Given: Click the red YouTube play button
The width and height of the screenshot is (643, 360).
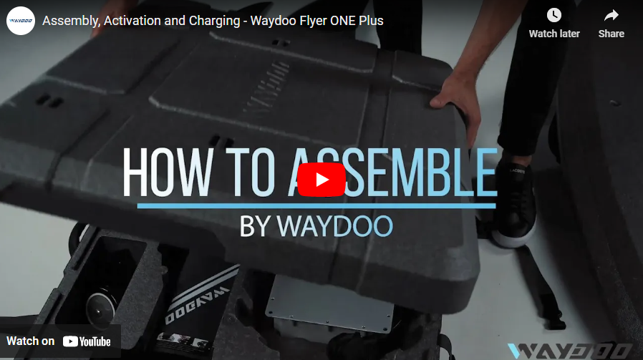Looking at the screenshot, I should tap(321, 180).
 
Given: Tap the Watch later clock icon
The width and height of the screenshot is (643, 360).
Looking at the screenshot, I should tap(554, 15).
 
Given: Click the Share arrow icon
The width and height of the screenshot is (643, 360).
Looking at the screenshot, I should tap(611, 15).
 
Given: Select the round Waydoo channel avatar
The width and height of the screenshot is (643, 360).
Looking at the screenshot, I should tap(21, 21).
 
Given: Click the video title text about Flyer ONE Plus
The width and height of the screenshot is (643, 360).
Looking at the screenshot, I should tap(213, 21).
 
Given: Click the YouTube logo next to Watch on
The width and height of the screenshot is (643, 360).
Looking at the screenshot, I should tap(87, 341).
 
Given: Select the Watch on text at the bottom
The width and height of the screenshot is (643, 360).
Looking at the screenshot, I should tap(30, 341).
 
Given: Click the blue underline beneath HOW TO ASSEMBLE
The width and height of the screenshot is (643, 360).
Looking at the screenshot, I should tap(316, 206).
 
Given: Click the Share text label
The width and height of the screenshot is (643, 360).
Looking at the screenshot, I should tap(611, 34).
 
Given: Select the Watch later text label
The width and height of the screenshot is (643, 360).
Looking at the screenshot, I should tap(554, 34).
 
